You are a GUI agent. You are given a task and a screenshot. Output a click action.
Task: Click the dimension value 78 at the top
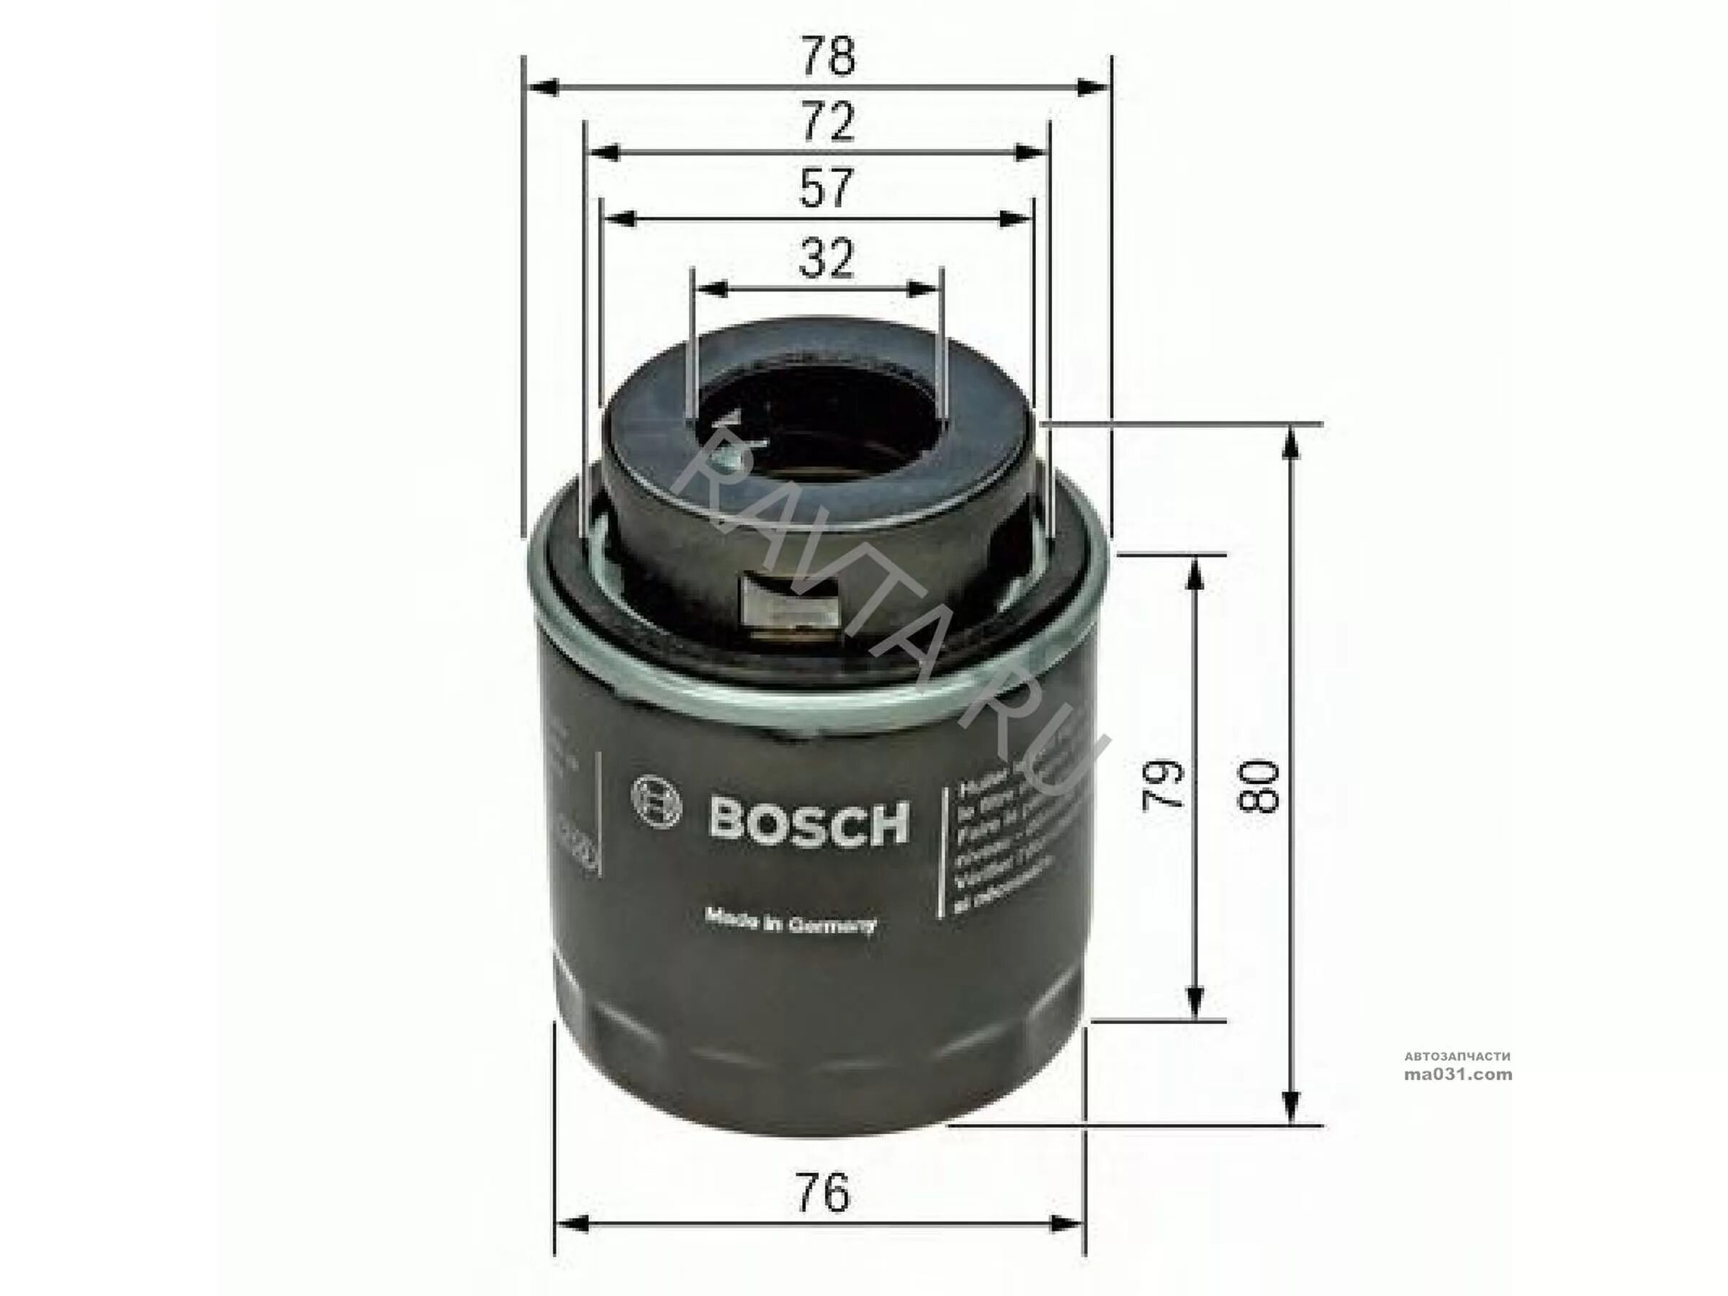click(x=828, y=58)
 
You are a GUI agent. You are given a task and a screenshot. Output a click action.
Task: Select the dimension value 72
click(x=827, y=123)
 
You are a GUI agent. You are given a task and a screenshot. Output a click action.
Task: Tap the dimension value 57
click(x=826, y=189)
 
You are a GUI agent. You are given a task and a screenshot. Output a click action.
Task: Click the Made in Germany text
click(x=791, y=924)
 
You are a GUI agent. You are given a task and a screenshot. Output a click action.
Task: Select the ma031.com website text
click(x=1458, y=1075)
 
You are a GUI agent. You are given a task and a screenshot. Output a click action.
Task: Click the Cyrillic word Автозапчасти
click(x=1458, y=1056)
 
